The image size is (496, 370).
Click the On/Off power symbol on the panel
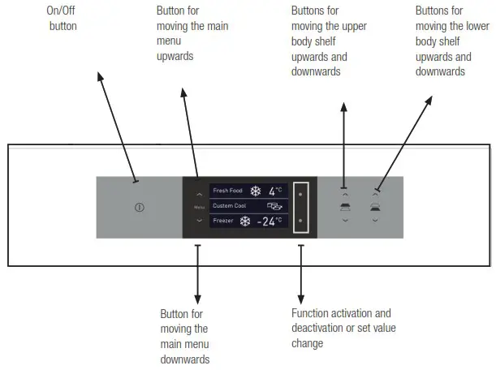[139, 208]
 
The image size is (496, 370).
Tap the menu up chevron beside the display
[198, 196]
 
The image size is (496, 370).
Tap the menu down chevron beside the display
[198, 221]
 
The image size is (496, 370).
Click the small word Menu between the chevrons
[198, 208]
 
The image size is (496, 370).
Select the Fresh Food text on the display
[227, 191]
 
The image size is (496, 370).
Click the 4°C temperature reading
[275, 191]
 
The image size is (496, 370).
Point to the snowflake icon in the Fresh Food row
[255, 191]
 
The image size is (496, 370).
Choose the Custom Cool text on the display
[230, 206]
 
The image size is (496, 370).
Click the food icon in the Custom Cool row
[274, 206]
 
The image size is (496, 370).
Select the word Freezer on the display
[223, 221]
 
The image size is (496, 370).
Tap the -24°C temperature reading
[270, 221]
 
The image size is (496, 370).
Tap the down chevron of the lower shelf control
[375, 220]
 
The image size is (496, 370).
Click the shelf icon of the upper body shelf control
[345, 208]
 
